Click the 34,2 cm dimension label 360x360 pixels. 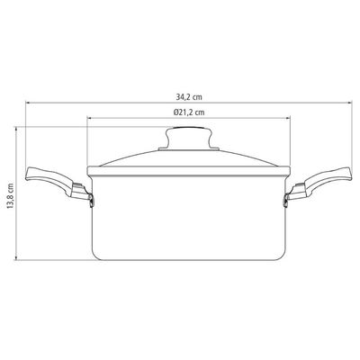pos(189,97)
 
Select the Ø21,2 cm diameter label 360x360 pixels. pos(189,112)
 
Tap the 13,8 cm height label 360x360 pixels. pos(11,196)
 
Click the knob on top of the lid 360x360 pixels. pos(189,137)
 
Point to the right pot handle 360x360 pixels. pos(319,182)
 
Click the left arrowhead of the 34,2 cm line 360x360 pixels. pos(27,103)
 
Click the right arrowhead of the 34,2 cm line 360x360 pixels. pos(349,103)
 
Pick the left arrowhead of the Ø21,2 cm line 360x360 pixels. pos(89,118)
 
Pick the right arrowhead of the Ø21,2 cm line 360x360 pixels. pos(289,118)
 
